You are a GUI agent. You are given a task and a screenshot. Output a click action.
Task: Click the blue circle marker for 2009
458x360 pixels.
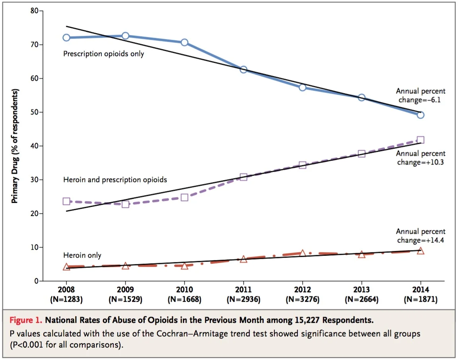(125, 36)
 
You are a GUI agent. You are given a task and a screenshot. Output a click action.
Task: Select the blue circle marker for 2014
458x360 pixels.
(421, 115)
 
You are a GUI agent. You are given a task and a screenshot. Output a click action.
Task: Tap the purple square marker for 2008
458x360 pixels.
(66, 201)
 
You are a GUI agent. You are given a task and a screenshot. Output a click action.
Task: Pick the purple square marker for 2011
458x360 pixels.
(244, 177)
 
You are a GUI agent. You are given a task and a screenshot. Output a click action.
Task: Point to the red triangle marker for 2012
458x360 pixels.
(303, 253)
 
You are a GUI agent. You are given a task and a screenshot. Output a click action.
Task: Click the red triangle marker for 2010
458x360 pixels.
(184, 266)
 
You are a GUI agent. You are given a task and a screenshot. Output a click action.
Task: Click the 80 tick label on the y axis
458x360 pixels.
(34, 11)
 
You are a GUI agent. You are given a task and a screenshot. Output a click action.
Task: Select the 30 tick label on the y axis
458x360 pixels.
(34, 180)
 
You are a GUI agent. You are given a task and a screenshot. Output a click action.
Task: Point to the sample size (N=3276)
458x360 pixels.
(303, 300)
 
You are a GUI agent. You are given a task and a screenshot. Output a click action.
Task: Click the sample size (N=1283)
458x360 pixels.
(66, 300)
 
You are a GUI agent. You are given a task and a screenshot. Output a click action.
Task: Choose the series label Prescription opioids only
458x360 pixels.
(103, 54)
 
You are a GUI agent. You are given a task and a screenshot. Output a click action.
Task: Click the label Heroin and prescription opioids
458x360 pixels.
(115, 180)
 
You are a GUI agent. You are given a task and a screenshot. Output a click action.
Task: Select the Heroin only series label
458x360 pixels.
(82, 255)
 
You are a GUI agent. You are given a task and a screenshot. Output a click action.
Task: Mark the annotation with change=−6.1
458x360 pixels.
(421, 96)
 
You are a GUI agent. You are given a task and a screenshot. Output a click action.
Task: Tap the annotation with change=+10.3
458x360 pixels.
(421, 158)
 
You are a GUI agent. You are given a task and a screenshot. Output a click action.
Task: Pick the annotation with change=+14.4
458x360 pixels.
(421, 236)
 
